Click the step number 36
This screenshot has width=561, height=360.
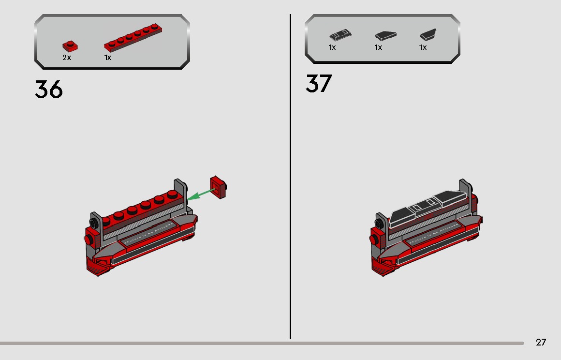coord(49,90)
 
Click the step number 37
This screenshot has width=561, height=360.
coord(319,84)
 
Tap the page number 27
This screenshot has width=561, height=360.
coord(541,342)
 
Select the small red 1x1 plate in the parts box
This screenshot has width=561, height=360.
coord(70,46)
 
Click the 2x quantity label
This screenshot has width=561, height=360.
coord(67,58)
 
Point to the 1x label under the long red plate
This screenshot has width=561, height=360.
coord(108,58)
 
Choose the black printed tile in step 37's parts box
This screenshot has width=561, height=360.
coord(340,35)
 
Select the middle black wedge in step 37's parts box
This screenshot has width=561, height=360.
coord(385,35)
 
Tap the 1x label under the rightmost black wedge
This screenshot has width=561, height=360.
coord(423,47)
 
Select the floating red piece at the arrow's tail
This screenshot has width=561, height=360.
coord(219,187)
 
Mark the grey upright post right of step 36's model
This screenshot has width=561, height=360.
coord(180,191)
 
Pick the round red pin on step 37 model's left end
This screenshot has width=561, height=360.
coord(374,239)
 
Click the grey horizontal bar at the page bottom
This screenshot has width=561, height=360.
coord(261,343)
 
